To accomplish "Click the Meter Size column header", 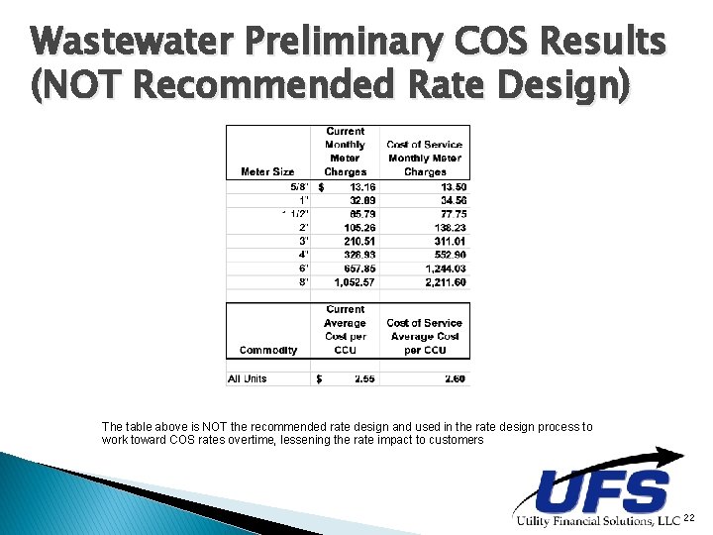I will tap(267, 171).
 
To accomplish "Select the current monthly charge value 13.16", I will tap(345, 186).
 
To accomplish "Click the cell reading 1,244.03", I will tap(446, 267).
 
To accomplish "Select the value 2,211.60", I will tap(446, 282).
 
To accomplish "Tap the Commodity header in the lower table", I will tap(267, 350).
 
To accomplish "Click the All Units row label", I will tap(248, 378).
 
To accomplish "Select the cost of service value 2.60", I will tap(455, 378).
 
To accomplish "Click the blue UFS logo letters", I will tap(602, 490).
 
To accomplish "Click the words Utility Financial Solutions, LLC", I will tap(597, 521).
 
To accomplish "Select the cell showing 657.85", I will tap(345, 267).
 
